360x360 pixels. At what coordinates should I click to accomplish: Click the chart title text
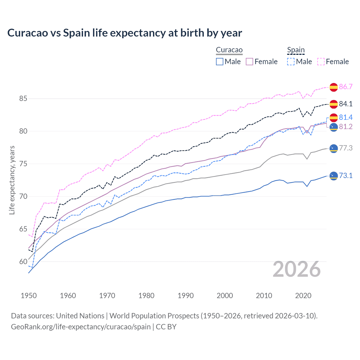point(125,33)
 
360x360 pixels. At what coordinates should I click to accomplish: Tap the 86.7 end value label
point(346,87)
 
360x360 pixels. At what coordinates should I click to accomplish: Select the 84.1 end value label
point(346,104)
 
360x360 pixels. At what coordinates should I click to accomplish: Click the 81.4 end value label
point(346,117)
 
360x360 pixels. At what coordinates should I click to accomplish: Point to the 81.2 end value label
point(346,127)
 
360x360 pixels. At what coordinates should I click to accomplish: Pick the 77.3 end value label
point(346,148)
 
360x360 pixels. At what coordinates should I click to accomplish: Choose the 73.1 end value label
point(346,176)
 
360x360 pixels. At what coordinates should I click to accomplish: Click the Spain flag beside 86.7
point(334,87)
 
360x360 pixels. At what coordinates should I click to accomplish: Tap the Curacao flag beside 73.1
point(334,176)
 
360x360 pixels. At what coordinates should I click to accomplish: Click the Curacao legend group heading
point(229,50)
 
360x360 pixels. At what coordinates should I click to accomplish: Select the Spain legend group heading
point(296,50)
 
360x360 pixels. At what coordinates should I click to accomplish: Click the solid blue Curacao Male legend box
point(220,62)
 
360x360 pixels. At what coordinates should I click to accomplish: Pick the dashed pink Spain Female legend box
point(321,62)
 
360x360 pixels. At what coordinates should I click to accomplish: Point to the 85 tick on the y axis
point(23,99)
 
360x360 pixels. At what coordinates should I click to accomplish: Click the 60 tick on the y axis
point(23,262)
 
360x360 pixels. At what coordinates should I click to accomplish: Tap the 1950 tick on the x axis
point(29,296)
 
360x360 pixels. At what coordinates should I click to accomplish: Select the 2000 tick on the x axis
point(225,296)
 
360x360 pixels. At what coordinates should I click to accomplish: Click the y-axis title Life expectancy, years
point(12,180)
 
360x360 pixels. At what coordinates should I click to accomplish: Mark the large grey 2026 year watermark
point(297,269)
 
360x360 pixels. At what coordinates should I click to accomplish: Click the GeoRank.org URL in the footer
point(81,327)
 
